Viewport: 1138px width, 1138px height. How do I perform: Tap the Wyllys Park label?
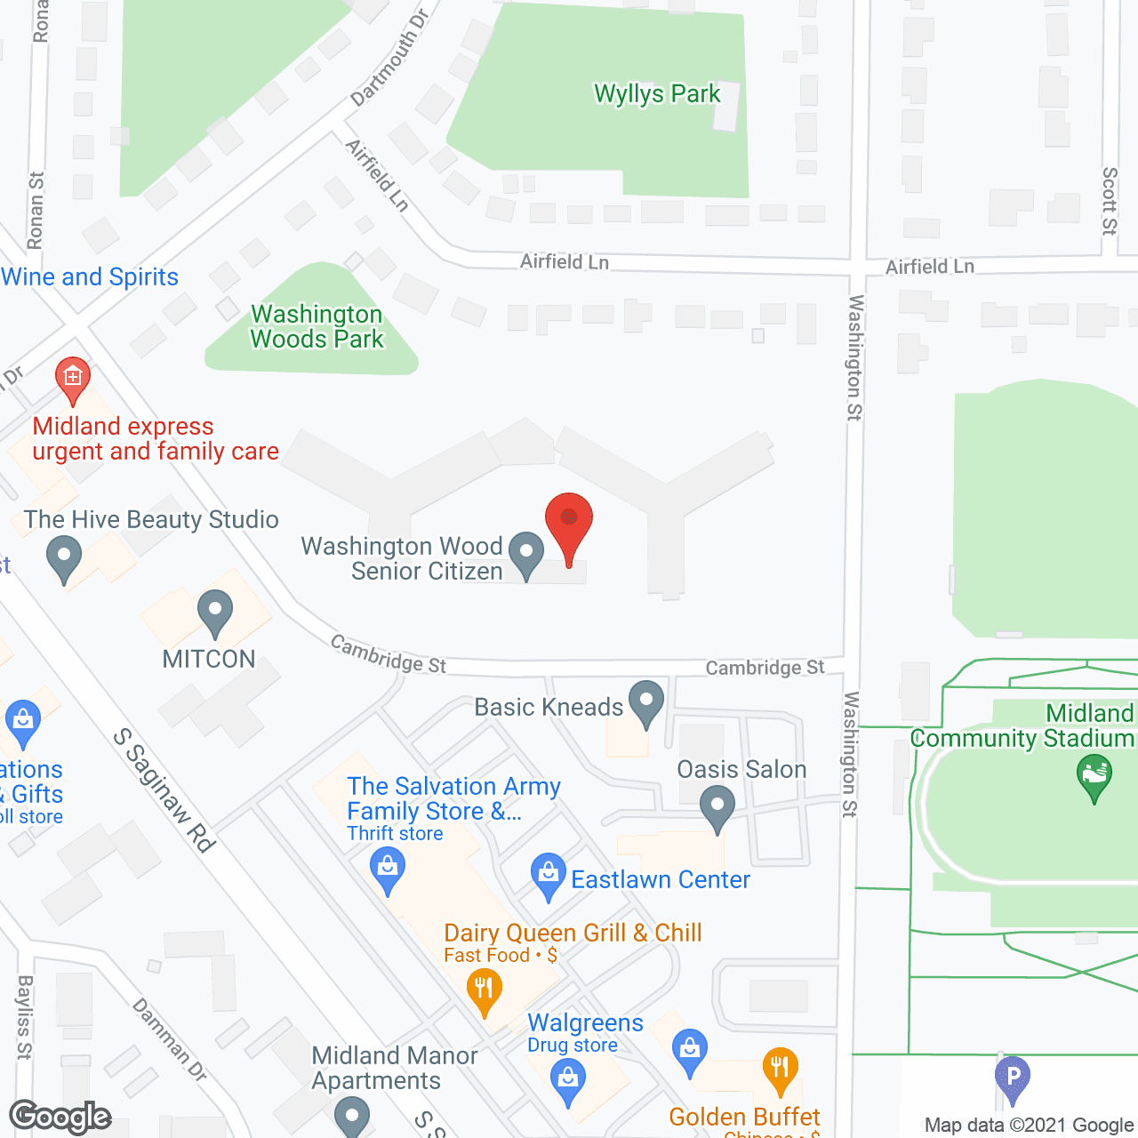pos(657,94)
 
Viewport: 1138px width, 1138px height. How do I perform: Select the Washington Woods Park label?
pos(317,327)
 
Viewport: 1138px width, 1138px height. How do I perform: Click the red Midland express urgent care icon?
pos(72,379)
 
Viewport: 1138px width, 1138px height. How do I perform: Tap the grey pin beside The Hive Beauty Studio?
pos(63,559)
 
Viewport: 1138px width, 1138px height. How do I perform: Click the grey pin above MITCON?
pos(214,613)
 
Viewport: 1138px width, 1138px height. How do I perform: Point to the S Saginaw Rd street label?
pos(165,790)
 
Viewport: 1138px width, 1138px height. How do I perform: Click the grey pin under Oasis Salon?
pos(717,810)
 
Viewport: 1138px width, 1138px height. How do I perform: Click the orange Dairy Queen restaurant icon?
pos(484,990)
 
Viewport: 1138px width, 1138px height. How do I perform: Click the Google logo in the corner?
pos(60,1117)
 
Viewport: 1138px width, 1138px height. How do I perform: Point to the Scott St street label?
pos(1110,201)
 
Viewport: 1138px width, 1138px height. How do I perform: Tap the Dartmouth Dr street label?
pos(389,57)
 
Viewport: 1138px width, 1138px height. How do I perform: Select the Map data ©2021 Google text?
pos(1029,1126)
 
